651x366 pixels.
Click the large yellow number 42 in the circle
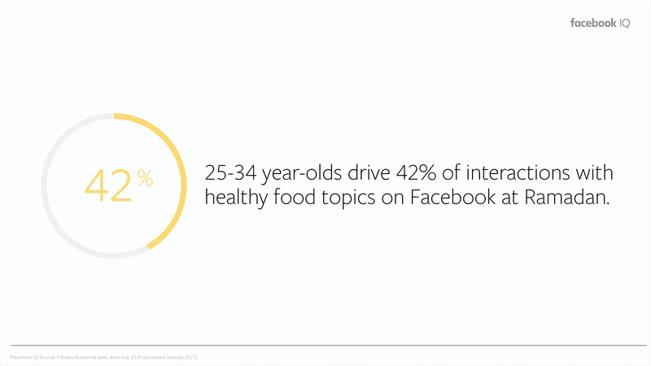(107, 185)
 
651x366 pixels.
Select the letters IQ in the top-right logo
(632, 24)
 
